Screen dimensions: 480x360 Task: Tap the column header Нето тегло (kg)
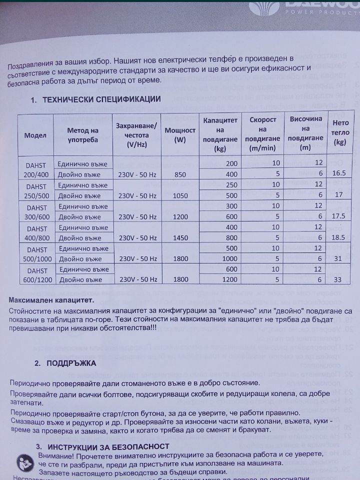340,135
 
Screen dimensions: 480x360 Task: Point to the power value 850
176,174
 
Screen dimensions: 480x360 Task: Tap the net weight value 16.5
339,173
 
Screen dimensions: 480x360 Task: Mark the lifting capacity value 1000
229,258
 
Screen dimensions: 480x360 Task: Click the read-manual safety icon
24,462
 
